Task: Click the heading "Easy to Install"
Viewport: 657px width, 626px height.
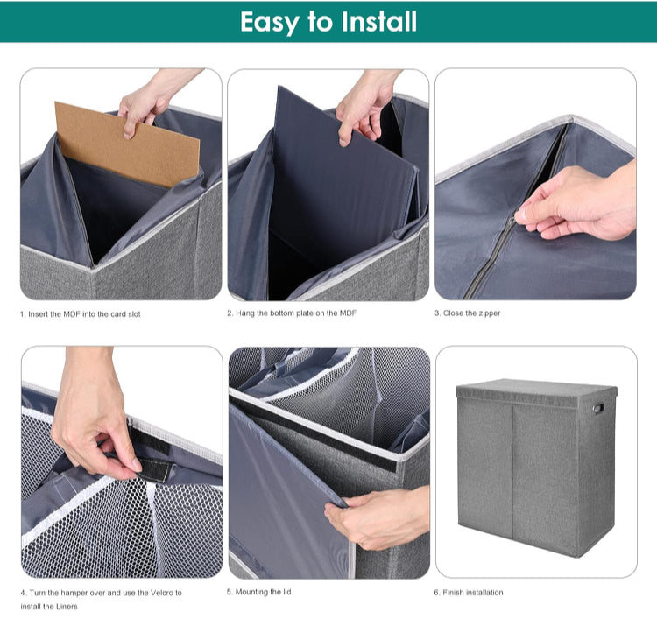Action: [x=328, y=21]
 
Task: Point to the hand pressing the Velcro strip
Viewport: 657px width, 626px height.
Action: [x=92, y=420]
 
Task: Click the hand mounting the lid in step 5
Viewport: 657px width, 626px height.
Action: [x=377, y=517]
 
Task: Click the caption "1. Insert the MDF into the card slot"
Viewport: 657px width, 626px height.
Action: [x=80, y=313]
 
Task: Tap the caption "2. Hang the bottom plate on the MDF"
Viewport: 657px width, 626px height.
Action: [x=292, y=313]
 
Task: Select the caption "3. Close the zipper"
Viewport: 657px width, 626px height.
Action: [x=468, y=313]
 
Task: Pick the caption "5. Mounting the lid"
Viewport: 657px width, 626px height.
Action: [x=259, y=592]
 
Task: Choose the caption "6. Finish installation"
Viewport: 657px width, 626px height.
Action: [x=469, y=592]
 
